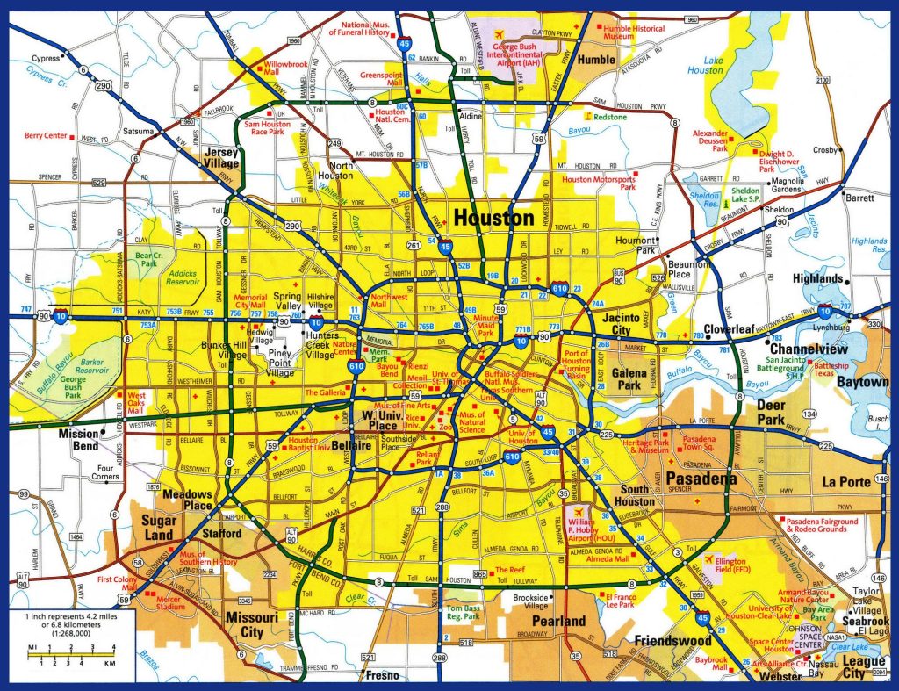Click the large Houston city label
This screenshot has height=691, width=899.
click(x=493, y=218)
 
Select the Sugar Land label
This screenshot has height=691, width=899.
click(x=159, y=528)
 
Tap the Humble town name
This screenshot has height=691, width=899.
click(x=597, y=59)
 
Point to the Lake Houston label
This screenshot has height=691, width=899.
click(x=705, y=63)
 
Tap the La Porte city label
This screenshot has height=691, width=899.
click(x=846, y=482)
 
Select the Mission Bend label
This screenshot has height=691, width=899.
click(x=78, y=439)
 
